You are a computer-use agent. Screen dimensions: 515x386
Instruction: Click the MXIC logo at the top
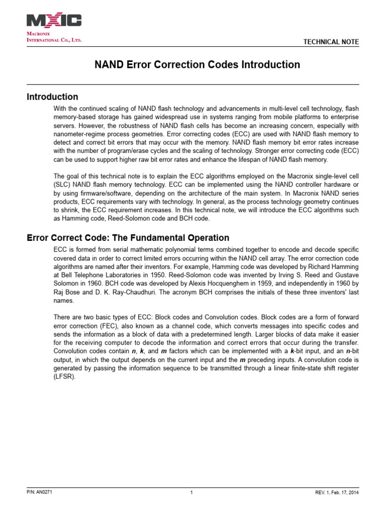click(54, 20)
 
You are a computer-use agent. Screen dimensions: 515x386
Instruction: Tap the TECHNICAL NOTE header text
click(331, 42)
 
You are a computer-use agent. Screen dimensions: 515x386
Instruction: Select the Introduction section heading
click(52, 97)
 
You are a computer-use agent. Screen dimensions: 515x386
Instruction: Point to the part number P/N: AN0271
click(40, 492)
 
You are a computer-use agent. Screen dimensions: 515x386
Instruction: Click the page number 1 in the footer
click(192, 492)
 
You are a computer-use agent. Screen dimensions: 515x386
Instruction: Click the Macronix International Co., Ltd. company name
click(54, 36)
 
